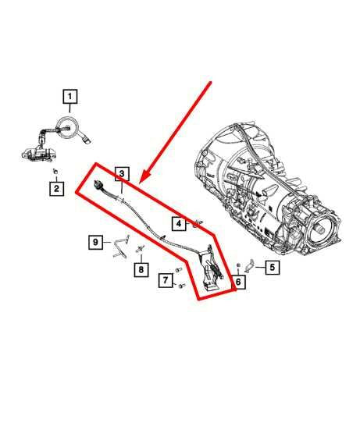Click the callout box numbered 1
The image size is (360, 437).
pos(70,97)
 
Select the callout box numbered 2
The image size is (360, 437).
pos(56,188)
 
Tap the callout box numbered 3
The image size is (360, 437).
pos(121,173)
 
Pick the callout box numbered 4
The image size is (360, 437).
pos(179,224)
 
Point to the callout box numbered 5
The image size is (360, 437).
pos(272,268)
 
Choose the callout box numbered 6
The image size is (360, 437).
pos(239,281)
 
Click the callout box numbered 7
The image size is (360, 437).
pos(166,279)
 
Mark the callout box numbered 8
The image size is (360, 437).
pos(141,270)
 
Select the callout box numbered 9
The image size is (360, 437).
pos(95,242)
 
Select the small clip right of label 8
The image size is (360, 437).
pos(142,250)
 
